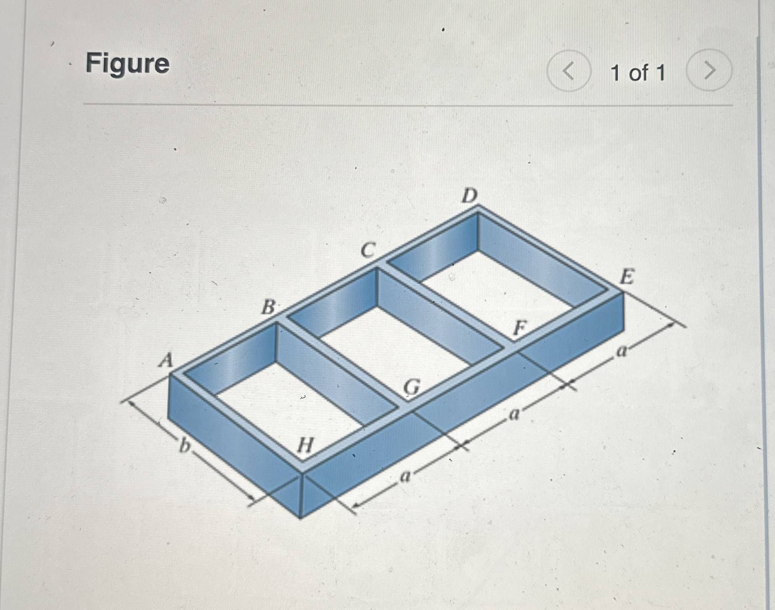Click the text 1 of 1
point(638,73)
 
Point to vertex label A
point(166,360)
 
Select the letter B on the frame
point(268,308)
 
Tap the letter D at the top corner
point(469,195)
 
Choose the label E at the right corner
point(626,277)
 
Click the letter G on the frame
point(411,388)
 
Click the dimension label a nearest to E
point(622,351)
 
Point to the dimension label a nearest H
point(405,476)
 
